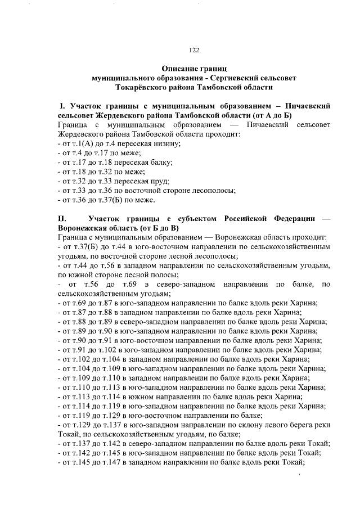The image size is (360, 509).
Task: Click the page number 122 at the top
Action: click(194, 50)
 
